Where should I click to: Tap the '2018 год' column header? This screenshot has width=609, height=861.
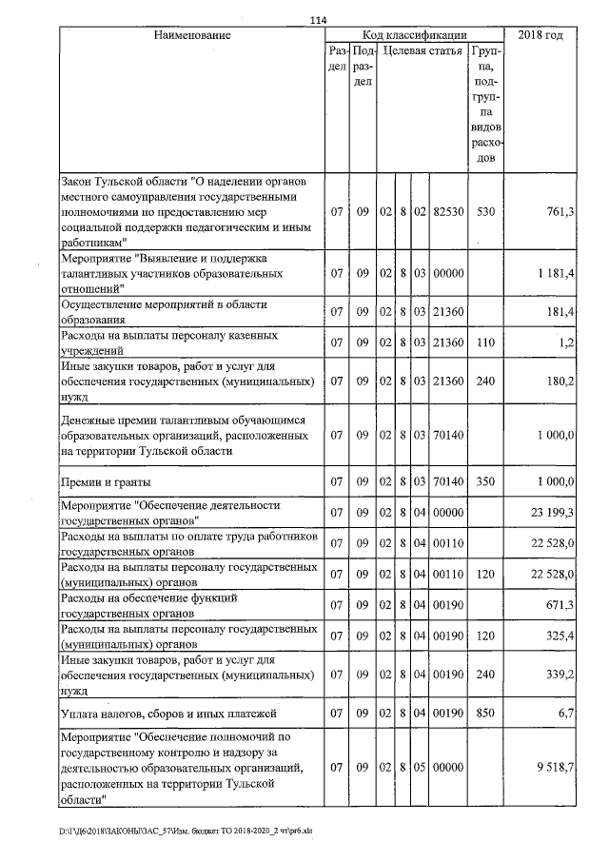[540, 35]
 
